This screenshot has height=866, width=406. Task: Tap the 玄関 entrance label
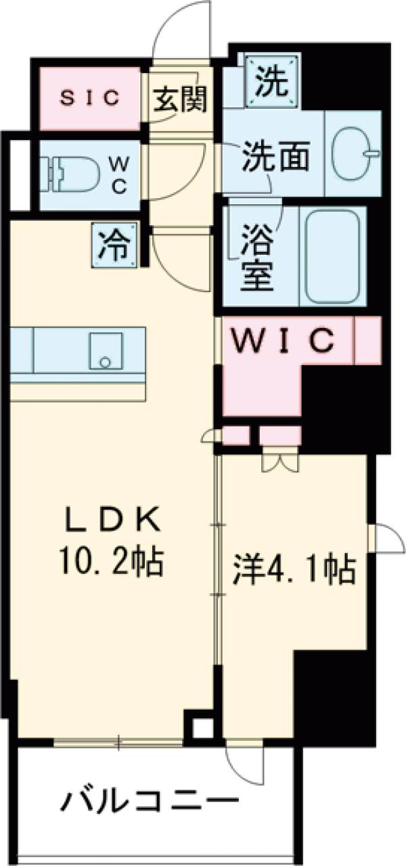tap(180, 98)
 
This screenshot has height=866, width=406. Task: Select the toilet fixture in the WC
tap(72, 174)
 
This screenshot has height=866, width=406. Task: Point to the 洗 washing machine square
tap(273, 80)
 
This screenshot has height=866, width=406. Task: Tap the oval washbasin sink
tap(354, 153)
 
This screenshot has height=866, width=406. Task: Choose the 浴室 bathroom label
tap(257, 258)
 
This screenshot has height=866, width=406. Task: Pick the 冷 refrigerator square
tap(114, 245)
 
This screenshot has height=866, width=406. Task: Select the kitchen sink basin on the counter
tap(106, 351)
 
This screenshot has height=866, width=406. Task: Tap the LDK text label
tap(112, 523)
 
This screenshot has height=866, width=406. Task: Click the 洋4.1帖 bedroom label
tap(294, 570)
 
